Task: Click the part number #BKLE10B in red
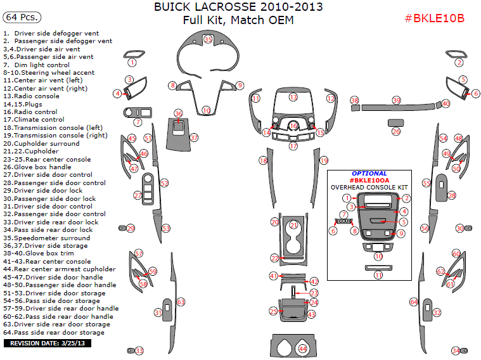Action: click(x=434, y=18)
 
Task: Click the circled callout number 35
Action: click(x=208, y=40)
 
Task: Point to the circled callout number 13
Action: click(x=293, y=97)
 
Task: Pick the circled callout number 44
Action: click(x=303, y=349)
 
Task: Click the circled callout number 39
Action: click(x=397, y=101)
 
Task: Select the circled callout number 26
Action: click(x=396, y=132)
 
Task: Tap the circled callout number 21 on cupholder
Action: click(x=293, y=226)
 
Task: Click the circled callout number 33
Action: click(x=139, y=350)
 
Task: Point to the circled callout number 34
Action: click(x=455, y=350)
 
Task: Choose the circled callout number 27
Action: click(x=138, y=196)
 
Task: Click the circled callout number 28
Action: click(x=452, y=196)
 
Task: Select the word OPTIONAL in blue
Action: click(x=369, y=174)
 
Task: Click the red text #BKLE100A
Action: click(x=369, y=181)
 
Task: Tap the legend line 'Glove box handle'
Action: click(x=42, y=167)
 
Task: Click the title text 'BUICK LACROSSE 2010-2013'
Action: click(x=238, y=8)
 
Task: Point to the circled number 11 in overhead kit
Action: click(x=378, y=276)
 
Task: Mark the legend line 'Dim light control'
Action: click(x=41, y=65)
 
